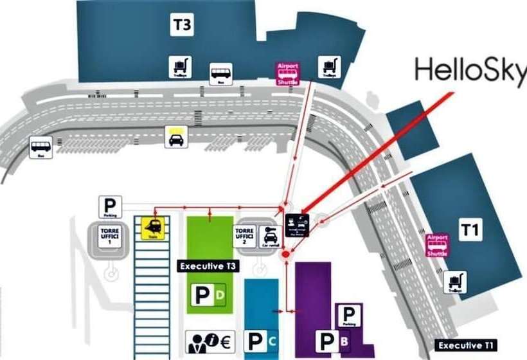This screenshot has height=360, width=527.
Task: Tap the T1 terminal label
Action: [x=470, y=230]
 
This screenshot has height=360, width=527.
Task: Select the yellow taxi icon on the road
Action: [x=176, y=136]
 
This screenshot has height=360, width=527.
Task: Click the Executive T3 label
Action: [x=208, y=265]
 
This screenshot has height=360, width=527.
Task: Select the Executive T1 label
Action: [x=467, y=346]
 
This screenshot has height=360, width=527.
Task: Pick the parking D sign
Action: [x=209, y=295]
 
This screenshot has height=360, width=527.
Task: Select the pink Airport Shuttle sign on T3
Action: [x=288, y=74]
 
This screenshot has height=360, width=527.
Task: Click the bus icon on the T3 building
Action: [x=221, y=73]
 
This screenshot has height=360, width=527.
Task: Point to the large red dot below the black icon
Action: [x=285, y=255]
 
